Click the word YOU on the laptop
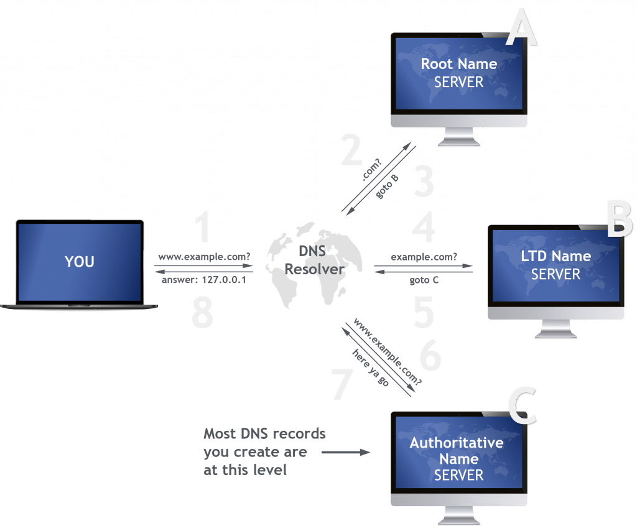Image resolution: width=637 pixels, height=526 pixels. point(80,262)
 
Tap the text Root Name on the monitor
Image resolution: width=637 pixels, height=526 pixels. point(459,63)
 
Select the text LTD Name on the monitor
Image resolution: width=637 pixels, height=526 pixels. point(556,256)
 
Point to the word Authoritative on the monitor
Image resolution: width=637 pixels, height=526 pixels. point(456,443)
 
